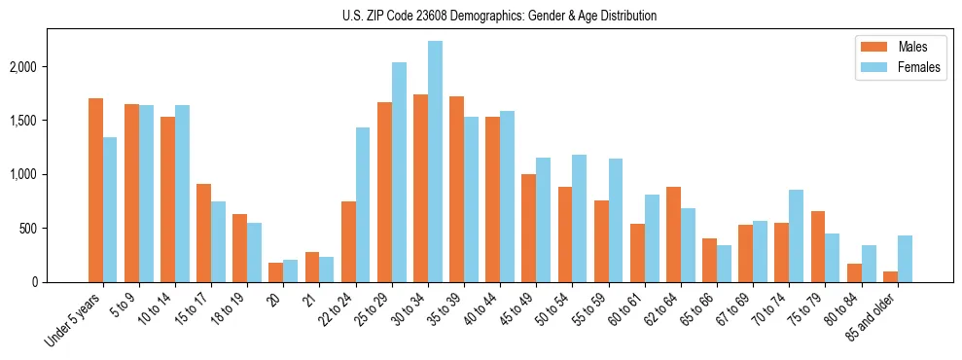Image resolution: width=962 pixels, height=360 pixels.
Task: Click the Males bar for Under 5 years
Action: pyautogui.click(x=95, y=190)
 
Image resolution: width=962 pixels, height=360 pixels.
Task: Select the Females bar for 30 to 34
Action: pyautogui.click(x=435, y=162)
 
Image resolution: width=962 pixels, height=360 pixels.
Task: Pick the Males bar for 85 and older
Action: pyautogui.click(x=891, y=276)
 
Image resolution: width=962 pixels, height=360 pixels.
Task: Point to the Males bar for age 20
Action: pyautogui.click(x=276, y=272)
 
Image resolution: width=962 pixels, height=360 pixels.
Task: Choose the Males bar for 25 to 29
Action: pyautogui.click(x=385, y=192)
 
